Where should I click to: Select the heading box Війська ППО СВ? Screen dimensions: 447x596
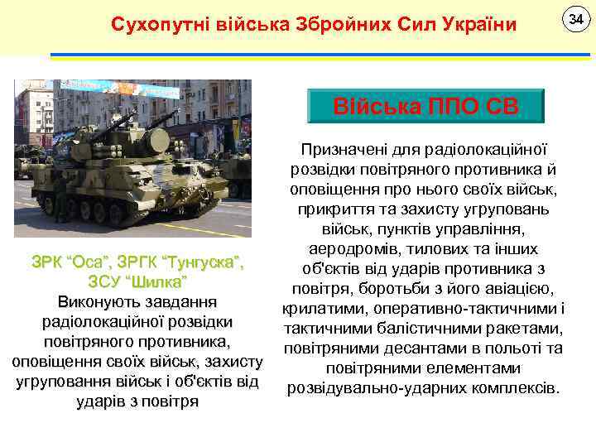(x=425, y=106)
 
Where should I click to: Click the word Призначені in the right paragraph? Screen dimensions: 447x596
(x=343, y=150)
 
